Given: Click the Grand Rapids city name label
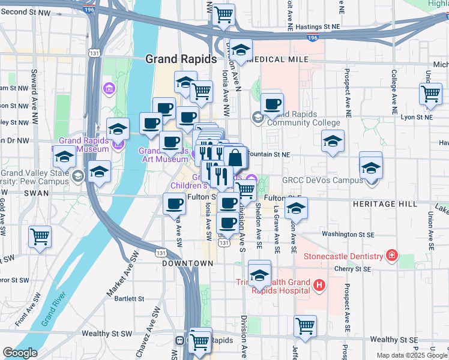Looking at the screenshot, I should point(181,59).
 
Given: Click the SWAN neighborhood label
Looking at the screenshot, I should point(36,193).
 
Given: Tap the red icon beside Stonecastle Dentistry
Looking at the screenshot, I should point(392,256).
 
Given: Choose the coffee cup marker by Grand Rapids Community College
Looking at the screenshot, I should point(272,103).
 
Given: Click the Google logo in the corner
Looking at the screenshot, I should point(20,353).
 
